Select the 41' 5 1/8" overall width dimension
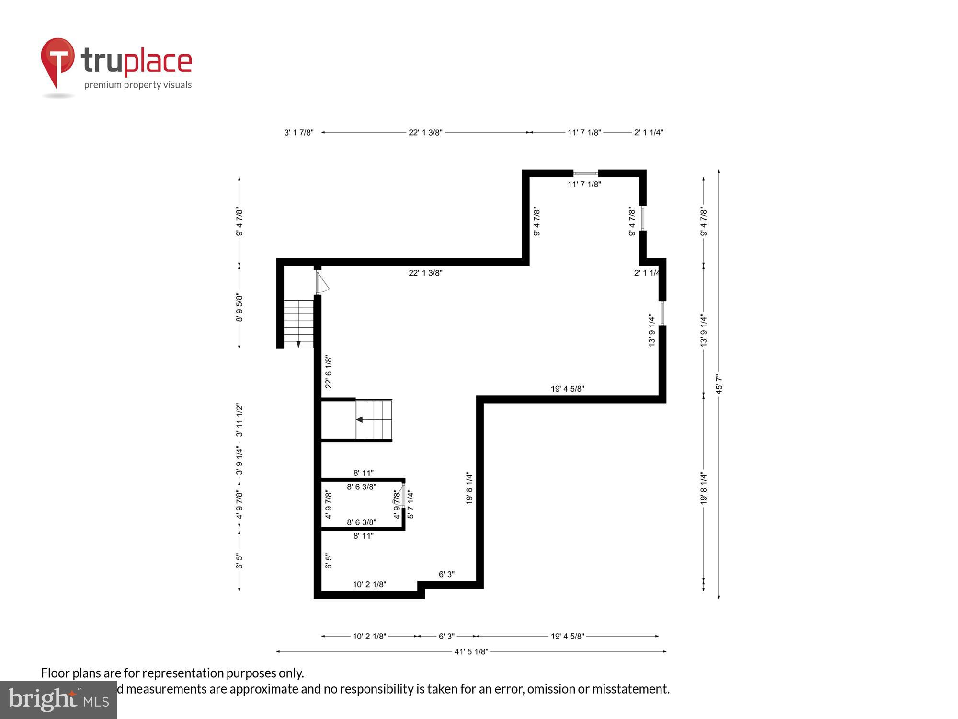[x=471, y=651]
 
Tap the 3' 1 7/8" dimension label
[x=299, y=133]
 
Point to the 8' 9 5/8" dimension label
[x=239, y=308]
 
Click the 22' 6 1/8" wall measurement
[x=329, y=372]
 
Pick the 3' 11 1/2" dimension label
[x=239, y=420]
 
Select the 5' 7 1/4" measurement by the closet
[x=411, y=504]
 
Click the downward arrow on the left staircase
[x=298, y=344]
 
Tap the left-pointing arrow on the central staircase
[x=359, y=420]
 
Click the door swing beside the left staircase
[x=322, y=282]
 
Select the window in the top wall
[x=585, y=173]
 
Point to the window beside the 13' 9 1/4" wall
[x=662, y=313]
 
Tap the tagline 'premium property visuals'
[x=138, y=85]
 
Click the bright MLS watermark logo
[x=58, y=699]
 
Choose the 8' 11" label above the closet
[x=364, y=473]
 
